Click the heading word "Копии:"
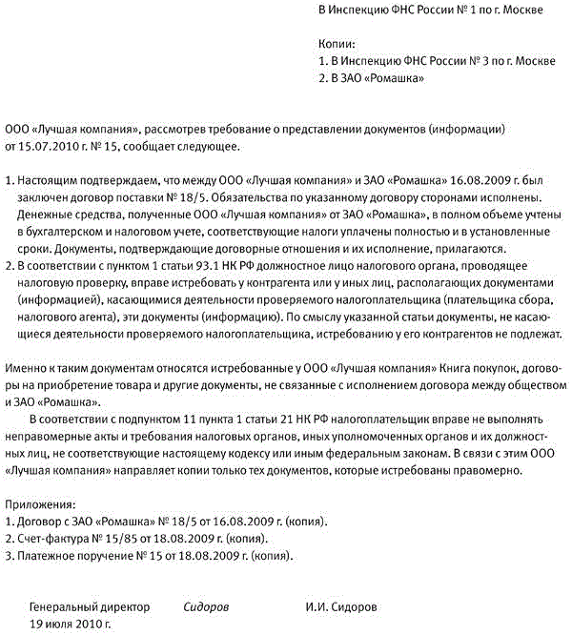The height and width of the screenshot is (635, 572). [x=336, y=44]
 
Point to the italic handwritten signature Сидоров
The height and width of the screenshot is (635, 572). [x=206, y=606]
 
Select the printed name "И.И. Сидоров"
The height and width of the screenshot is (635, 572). [x=341, y=606]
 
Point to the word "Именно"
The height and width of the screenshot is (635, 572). [x=25, y=367]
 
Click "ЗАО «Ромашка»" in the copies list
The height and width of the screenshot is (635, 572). [x=379, y=78]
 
